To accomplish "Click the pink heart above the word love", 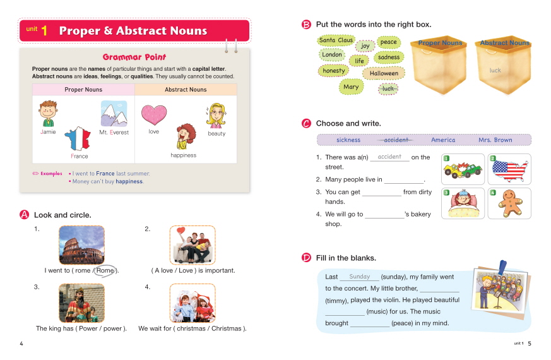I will pyautogui.click(x=153, y=115).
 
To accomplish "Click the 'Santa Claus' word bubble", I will pyautogui.click(x=336, y=40).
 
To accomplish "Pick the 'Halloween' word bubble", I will pyautogui.click(x=384, y=73).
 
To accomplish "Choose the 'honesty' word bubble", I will pyautogui.click(x=334, y=71).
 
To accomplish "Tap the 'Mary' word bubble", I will pyautogui.click(x=351, y=87).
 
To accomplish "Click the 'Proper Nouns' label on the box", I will pyautogui.click(x=440, y=43).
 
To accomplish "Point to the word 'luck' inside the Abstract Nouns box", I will pyautogui.click(x=495, y=70).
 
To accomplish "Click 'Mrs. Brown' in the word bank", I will pyautogui.click(x=495, y=140).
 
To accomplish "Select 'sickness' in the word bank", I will pyautogui.click(x=348, y=140).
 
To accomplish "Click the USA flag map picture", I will pyautogui.click(x=509, y=169).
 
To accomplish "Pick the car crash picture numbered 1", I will pyautogui.click(x=463, y=169).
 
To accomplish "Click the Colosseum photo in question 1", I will pyautogui.click(x=81, y=245).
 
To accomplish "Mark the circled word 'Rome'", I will pyautogui.click(x=105, y=270).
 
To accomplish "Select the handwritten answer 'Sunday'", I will pyautogui.click(x=359, y=277).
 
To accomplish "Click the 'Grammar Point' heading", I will pyautogui.click(x=134, y=56).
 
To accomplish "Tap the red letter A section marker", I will pyautogui.click(x=25, y=215).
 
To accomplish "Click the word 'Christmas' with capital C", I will pyautogui.click(x=225, y=328).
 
